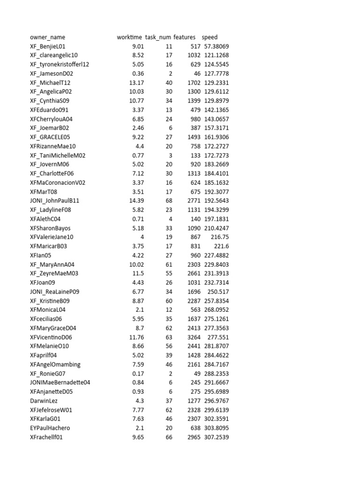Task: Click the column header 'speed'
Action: click(x=210, y=37)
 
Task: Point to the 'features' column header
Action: click(x=184, y=37)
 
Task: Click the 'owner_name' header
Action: click(x=47, y=37)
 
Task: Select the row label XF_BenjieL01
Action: click(x=47, y=46)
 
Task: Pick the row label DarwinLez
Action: click(x=44, y=401)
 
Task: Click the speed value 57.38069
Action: click(x=216, y=46)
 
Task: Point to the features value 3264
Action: click(x=194, y=337)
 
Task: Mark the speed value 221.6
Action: click(x=219, y=246)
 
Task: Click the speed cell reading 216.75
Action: click(x=219, y=237)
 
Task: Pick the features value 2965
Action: click(x=194, y=437)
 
